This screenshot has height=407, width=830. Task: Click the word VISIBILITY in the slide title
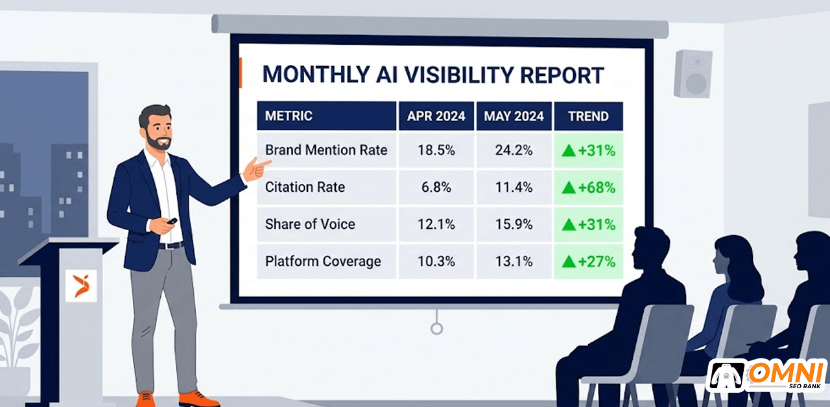[x=458, y=75]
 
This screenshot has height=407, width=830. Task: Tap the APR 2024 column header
[x=436, y=116]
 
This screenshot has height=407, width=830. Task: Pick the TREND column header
[x=588, y=116]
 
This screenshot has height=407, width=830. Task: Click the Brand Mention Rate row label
[x=326, y=150]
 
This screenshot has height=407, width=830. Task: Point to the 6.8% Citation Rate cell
[x=436, y=187]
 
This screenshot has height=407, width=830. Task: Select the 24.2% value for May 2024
[x=514, y=150]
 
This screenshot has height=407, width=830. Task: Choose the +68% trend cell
[x=588, y=188]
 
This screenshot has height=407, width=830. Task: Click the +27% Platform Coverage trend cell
[x=588, y=262]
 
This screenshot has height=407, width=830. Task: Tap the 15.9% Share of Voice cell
[x=514, y=224]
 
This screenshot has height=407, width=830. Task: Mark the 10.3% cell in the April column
[x=436, y=261]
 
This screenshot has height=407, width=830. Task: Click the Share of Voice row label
[x=310, y=224]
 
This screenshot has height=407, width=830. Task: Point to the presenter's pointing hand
[x=256, y=169]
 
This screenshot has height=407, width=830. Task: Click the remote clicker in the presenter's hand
[x=172, y=221]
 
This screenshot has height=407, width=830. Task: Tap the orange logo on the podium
[x=81, y=286]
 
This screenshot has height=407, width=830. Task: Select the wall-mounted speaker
[x=693, y=74]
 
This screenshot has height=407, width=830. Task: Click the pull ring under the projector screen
[x=437, y=329]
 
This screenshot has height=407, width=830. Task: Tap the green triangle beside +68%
[x=569, y=188]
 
